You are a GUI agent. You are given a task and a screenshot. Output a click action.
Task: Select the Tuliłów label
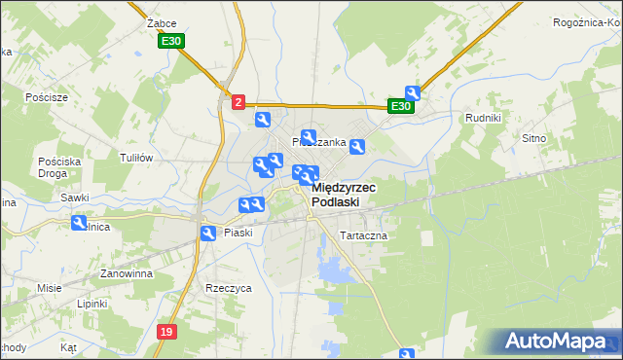(136, 158)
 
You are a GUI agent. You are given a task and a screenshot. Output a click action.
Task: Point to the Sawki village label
(75, 198)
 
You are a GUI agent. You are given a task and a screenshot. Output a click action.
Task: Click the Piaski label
(238, 233)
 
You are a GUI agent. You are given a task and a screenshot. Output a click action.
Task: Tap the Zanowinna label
(122, 274)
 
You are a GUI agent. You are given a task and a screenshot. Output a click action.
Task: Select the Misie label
(50, 288)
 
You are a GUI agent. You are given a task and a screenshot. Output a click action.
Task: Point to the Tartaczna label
(363, 236)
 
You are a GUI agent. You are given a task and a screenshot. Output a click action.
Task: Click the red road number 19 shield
(166, 332)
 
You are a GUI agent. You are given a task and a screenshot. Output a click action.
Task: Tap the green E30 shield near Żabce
(171, 41)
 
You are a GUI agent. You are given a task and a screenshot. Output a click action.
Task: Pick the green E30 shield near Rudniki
(400, 106)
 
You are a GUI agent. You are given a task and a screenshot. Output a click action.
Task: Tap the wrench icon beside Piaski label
(208, 234)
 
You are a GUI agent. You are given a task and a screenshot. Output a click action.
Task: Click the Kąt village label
(68, 346)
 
